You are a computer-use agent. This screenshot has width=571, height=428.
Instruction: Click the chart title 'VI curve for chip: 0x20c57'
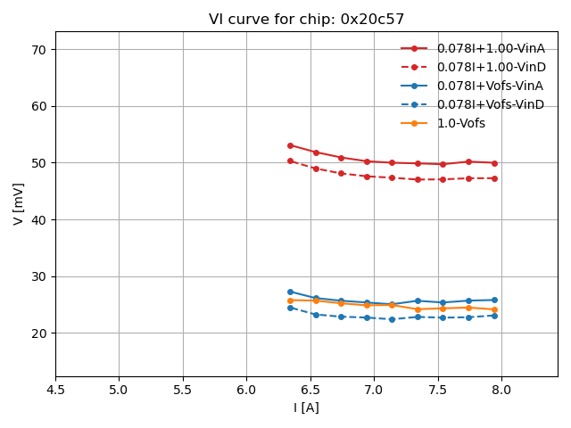[306, 19]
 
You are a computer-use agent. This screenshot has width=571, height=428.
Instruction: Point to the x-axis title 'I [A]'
[306, 407]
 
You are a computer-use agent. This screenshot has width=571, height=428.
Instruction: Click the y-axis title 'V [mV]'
[19, 203]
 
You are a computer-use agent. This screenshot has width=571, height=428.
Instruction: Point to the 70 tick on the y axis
[39, 50]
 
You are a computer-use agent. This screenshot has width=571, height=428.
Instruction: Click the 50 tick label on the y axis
[39, 163]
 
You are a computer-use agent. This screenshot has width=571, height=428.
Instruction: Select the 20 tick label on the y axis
[39, 333]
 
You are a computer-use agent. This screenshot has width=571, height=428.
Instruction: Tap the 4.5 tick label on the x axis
[55, 390]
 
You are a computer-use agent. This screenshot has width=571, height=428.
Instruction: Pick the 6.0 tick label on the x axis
[246, 390]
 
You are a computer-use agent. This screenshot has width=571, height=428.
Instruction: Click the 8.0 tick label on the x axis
[501, 390]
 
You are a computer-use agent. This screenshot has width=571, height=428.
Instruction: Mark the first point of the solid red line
[290, 145]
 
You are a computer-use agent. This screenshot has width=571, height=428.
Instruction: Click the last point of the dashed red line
[494, 178]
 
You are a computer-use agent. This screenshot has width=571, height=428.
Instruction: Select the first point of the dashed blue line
[290, 308]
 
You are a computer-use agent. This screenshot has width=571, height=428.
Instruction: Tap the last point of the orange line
[494, 309]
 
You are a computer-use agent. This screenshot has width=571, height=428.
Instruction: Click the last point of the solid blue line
[494, 300]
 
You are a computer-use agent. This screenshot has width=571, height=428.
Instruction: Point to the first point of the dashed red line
[290, 160]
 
